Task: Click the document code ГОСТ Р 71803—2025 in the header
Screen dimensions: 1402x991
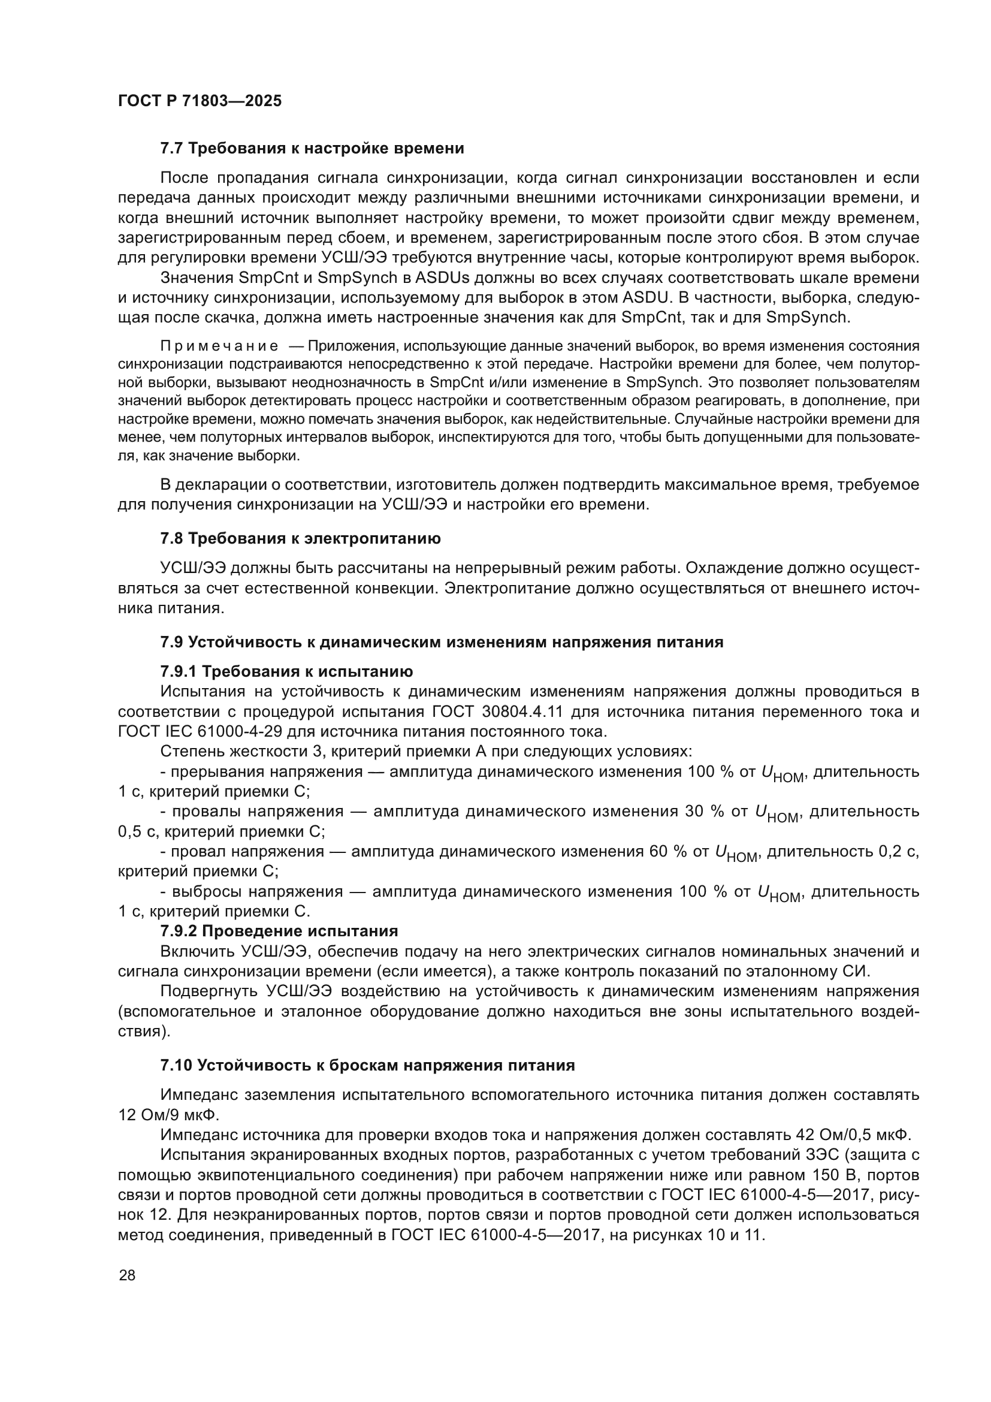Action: (200, 101)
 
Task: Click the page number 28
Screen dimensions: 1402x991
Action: (128, 1275)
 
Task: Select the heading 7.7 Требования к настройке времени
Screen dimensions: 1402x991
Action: (312, 149)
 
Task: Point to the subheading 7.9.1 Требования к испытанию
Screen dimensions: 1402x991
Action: (286, 672)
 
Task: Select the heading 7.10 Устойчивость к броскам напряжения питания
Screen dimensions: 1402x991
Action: (367, 1066)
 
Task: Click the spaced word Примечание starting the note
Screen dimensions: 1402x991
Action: (219, 346)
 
